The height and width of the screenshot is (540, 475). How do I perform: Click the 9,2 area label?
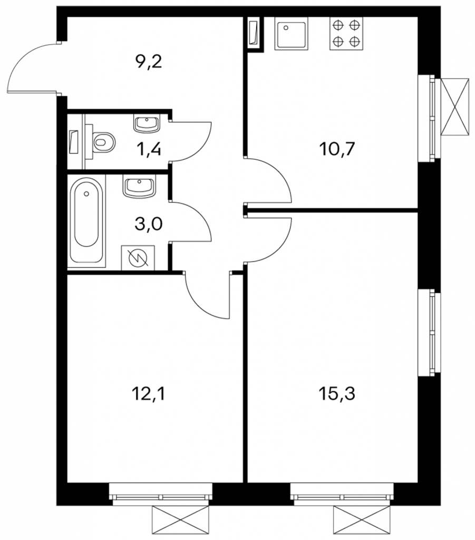click(x=149, y=63)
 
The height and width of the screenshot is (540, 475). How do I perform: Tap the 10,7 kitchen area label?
click(x=337, y=149)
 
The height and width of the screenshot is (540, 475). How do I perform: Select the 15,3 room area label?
click(x=337, y=393)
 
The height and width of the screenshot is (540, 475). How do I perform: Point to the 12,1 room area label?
click(x=149, y=393)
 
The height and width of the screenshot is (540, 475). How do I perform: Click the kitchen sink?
click(x=291, y=34)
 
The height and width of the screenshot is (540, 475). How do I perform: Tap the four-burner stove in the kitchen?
click(x=346, y=34)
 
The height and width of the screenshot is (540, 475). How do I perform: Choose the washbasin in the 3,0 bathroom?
click(x=139, y=186)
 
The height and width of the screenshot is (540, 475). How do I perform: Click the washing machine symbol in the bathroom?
click(x=138, y=257)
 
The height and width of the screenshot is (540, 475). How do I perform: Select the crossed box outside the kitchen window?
click(x=455, y=107)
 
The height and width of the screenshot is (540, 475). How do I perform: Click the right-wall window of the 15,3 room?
click(x=429, y=332)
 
